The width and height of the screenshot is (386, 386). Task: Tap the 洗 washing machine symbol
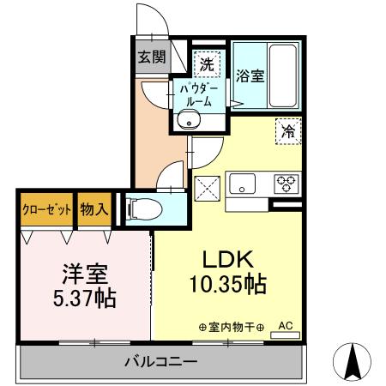click(207, 62)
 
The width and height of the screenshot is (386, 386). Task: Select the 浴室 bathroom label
click(251, 75)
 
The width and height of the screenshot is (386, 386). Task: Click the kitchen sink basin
click(241, 184)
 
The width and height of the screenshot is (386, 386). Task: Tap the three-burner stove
click(285, 184)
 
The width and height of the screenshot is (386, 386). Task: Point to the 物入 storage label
click(94, 209)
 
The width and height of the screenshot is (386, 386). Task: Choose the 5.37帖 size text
click(83, 300)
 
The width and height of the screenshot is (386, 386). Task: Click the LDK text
click(226, 260)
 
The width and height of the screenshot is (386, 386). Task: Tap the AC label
click(286, 326)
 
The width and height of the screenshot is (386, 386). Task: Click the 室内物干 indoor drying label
click(231, 327)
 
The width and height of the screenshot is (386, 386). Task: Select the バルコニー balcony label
click(163, 362)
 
